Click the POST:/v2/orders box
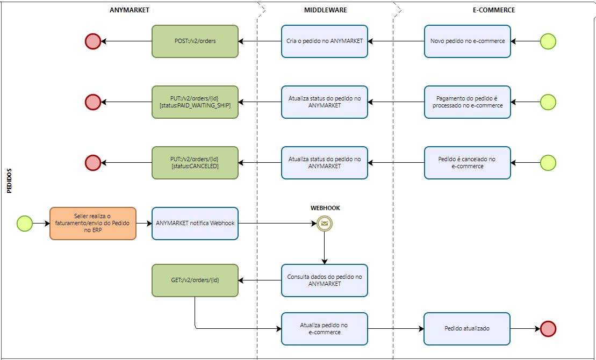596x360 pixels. click(195, 41)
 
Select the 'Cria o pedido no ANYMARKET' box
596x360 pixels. click(325, 41)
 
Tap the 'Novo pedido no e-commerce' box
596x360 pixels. click(468, 41)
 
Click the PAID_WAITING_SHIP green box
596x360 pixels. click(195, 102)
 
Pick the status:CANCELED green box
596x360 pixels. click(195, 163)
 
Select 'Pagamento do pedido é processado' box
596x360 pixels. click(468, 102)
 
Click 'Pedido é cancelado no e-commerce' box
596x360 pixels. click(468, 163)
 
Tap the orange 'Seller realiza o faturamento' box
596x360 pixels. click(93, 224)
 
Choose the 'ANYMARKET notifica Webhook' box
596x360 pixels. click(195, 224)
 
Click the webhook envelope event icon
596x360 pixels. click(325, 224)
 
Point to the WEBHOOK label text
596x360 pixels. click(325, 208)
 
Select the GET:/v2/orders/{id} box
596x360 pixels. click(195, 280)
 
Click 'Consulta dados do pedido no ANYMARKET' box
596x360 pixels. click(325, 280)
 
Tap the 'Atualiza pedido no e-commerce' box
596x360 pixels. click(325, 329)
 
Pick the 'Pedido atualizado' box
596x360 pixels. click(467, 329)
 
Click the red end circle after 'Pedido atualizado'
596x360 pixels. click(548, 329)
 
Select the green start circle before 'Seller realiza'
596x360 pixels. click(25, 224)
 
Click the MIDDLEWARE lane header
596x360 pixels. click(325, 10)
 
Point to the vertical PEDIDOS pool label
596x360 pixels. click(10, 181)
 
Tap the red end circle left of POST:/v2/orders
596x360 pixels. click(93, 41)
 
